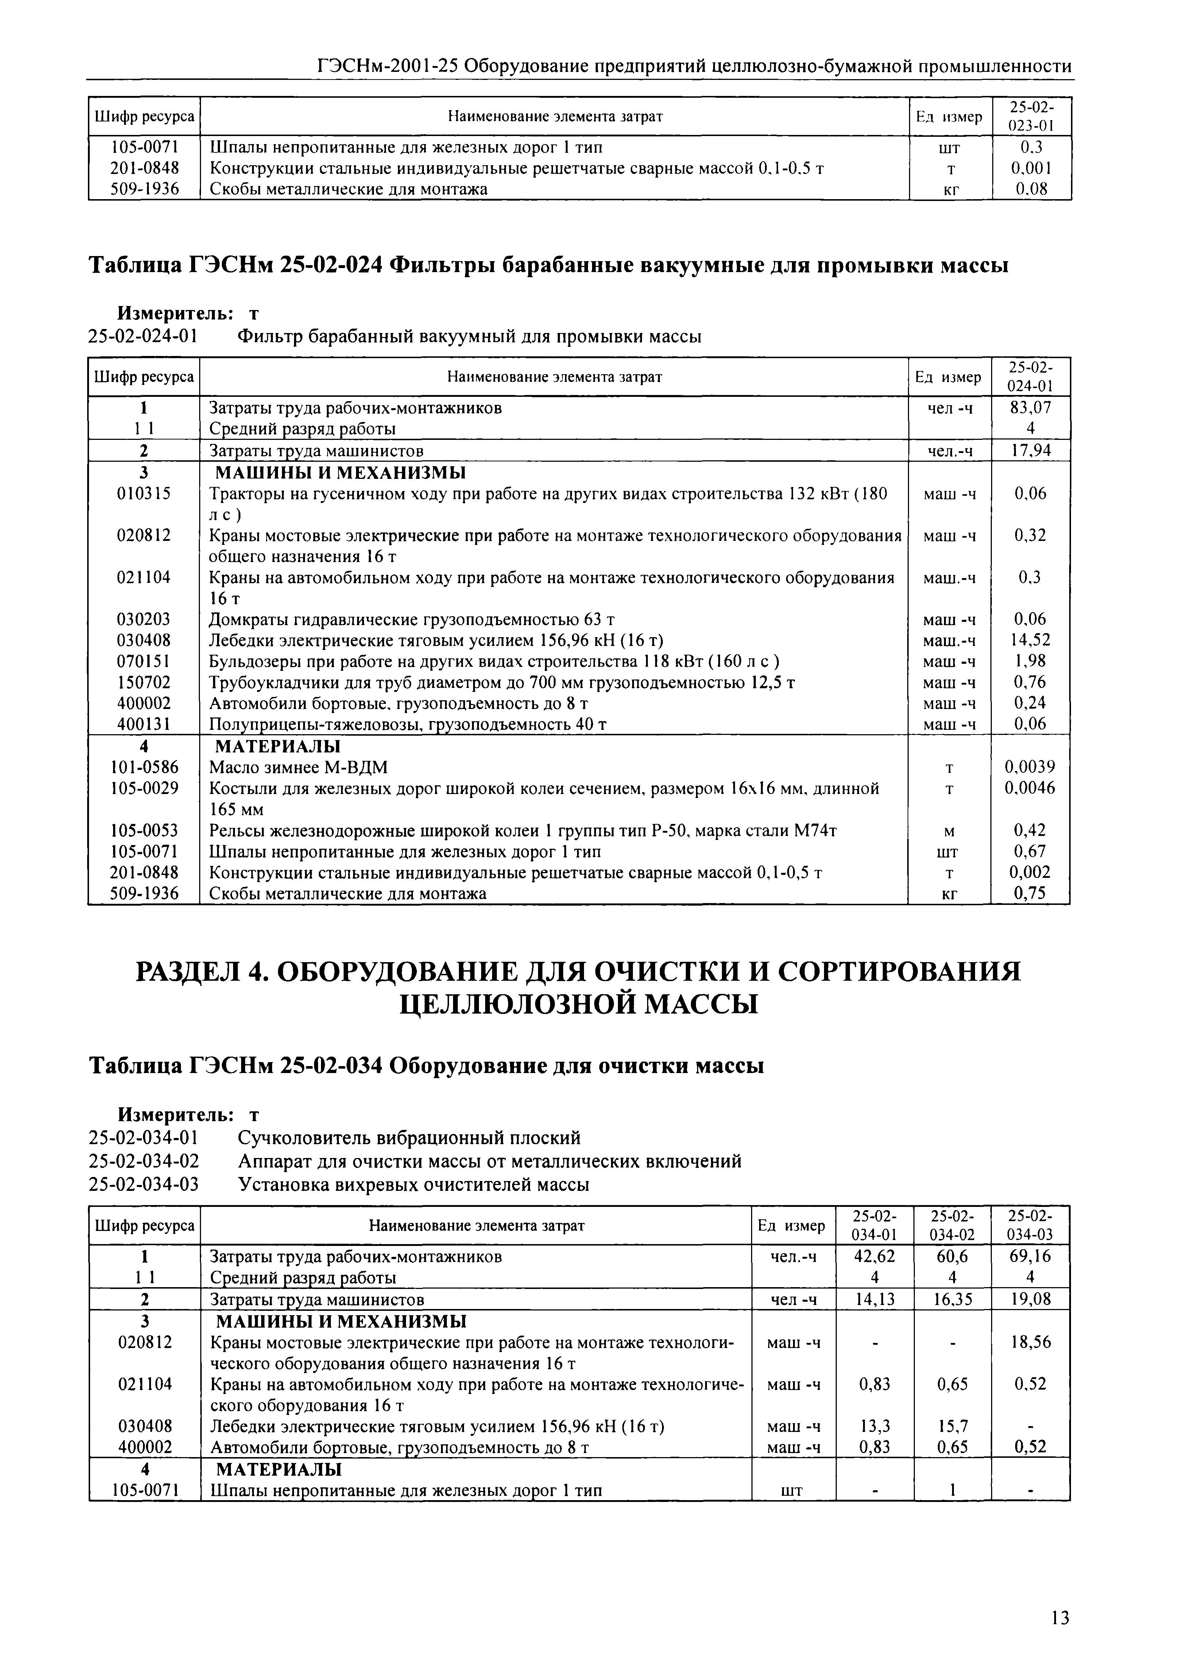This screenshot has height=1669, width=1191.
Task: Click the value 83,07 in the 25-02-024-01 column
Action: (1030, 408)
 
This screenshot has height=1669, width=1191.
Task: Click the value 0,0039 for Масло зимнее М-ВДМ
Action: (1030, 767)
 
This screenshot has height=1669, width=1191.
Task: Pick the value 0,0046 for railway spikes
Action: (1030, 788)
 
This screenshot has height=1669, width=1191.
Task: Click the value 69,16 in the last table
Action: (1030, 1256)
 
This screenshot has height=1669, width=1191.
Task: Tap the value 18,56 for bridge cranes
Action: (1030, 1342)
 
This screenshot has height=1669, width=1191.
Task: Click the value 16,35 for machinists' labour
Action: (952, 1300)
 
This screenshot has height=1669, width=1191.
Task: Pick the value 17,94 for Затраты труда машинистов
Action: (1030, 450)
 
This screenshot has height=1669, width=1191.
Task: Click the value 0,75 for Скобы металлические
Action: (1030, 893)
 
